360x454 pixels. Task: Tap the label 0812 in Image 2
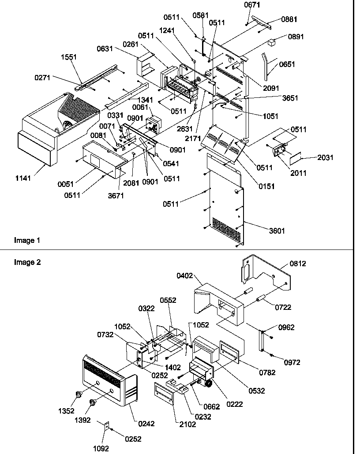(x=298, y=264)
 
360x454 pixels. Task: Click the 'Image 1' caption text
(x=27, y=240)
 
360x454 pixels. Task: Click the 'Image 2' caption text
(x=27, y=262)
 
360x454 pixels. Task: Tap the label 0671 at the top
(x=252, y=5)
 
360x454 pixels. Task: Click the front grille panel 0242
(x=108, y=380)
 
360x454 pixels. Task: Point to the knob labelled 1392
(x=93, y=402)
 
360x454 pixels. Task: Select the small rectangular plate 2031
(x=296, y=157)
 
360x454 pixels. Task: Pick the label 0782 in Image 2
(x=267, y=372)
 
